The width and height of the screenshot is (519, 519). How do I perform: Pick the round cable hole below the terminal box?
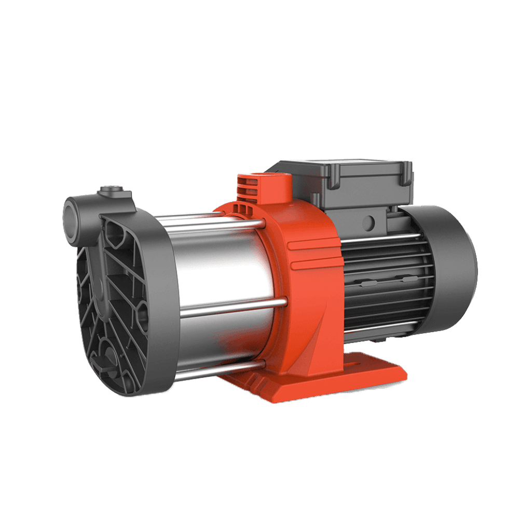pos(368,222)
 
